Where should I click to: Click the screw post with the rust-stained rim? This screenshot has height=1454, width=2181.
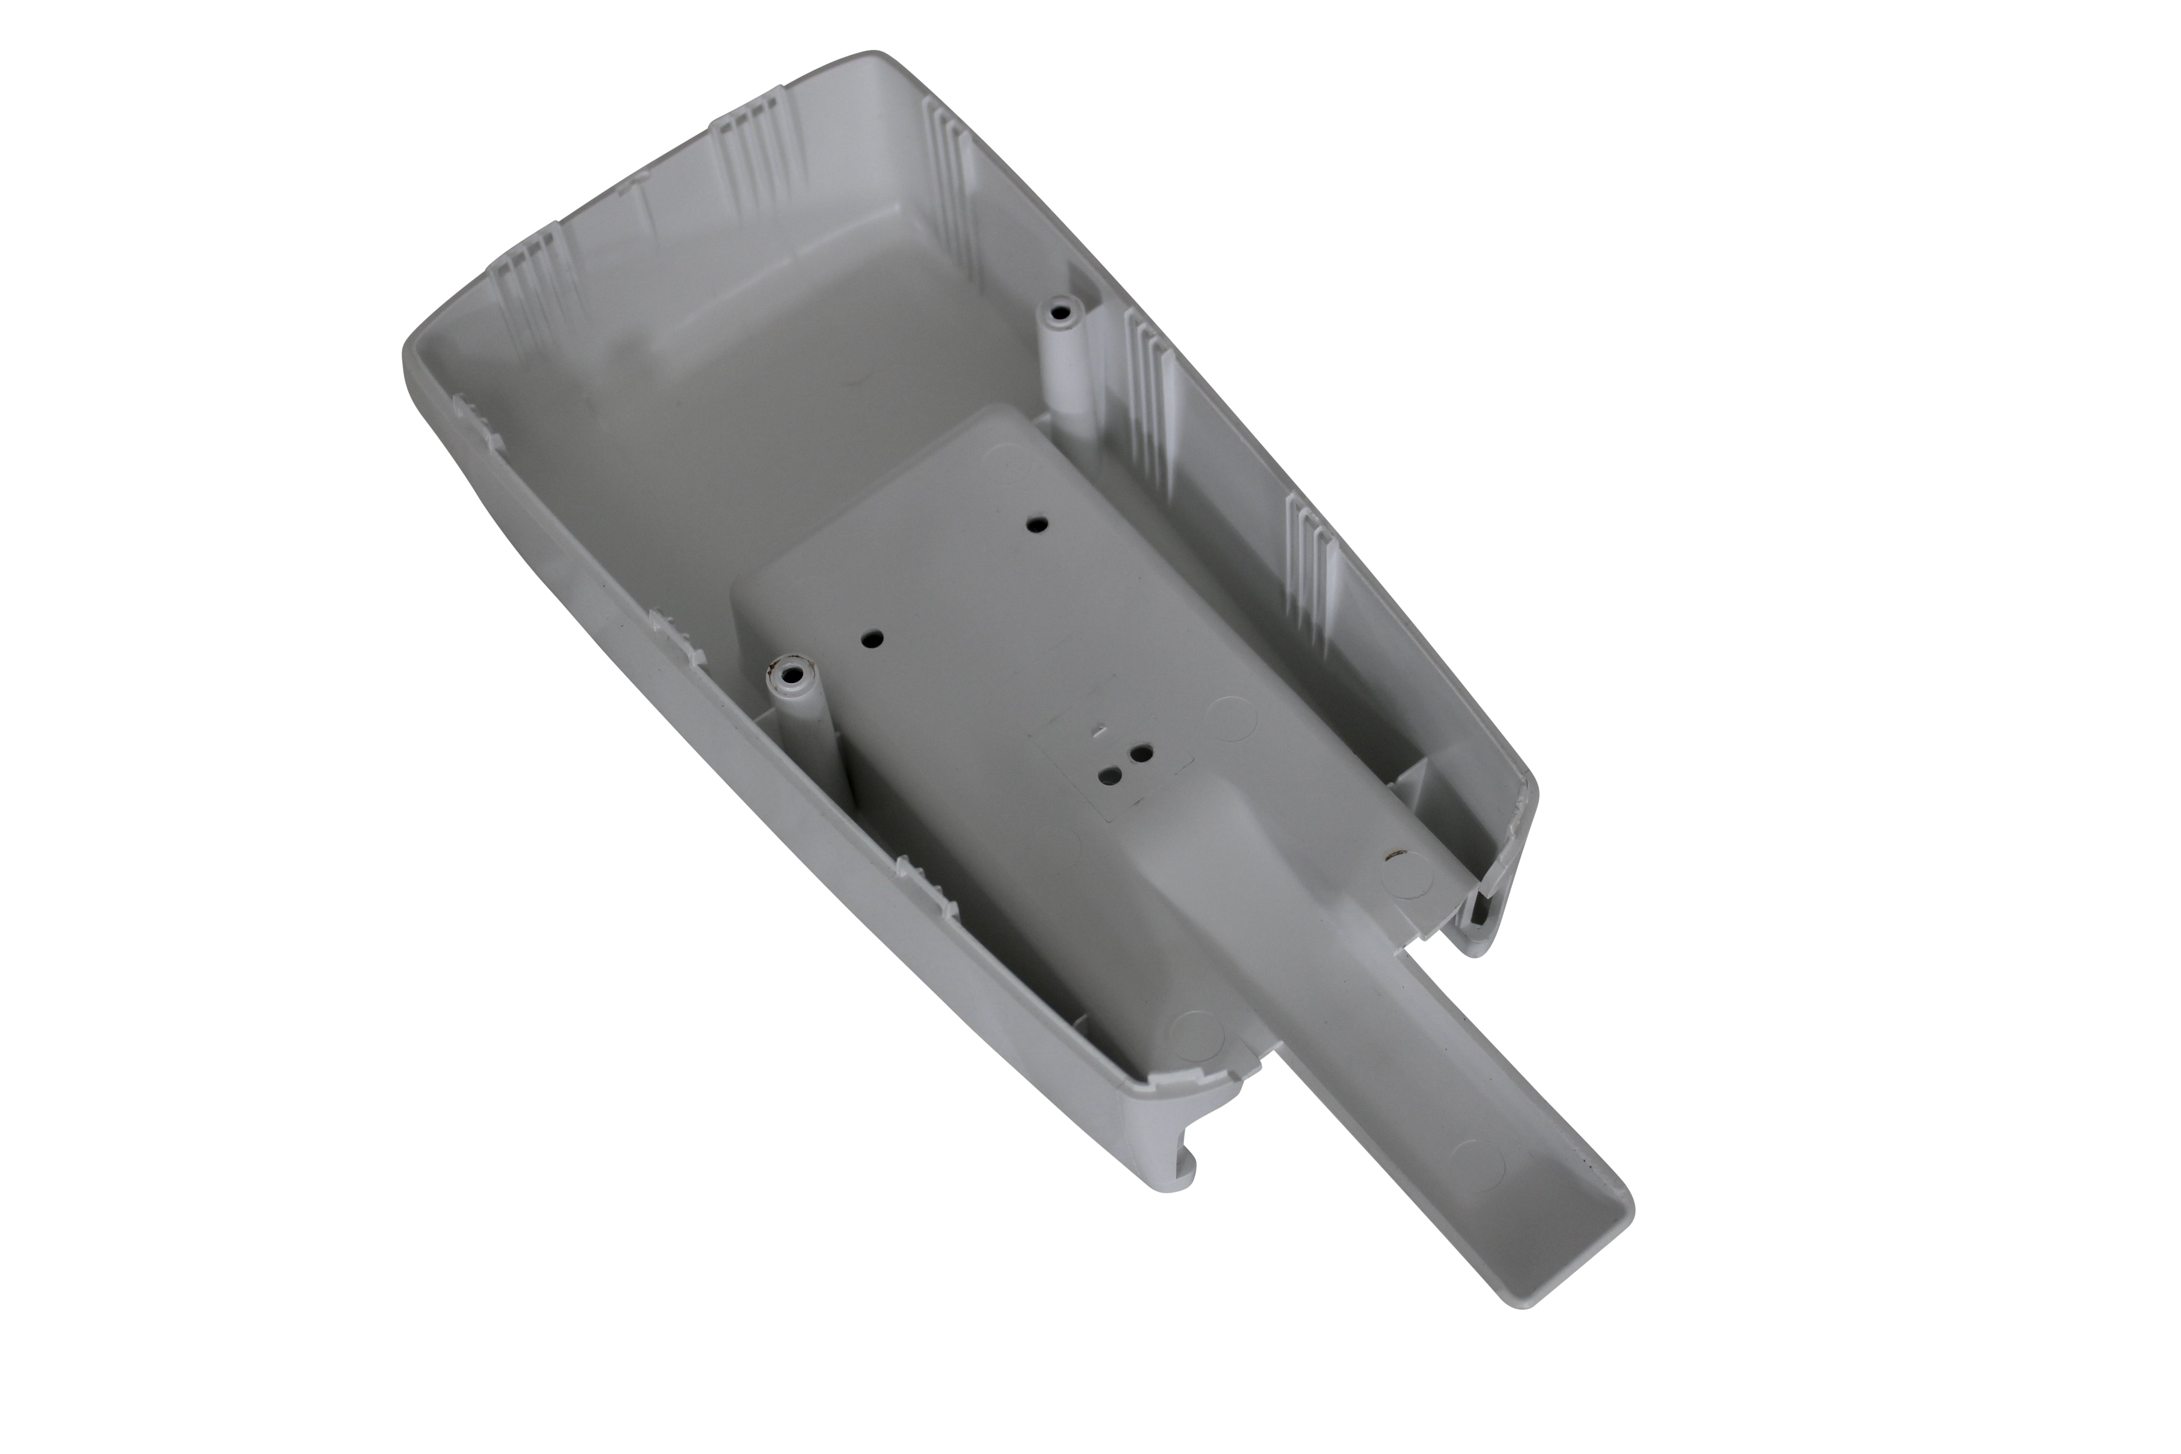pos(791,669)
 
